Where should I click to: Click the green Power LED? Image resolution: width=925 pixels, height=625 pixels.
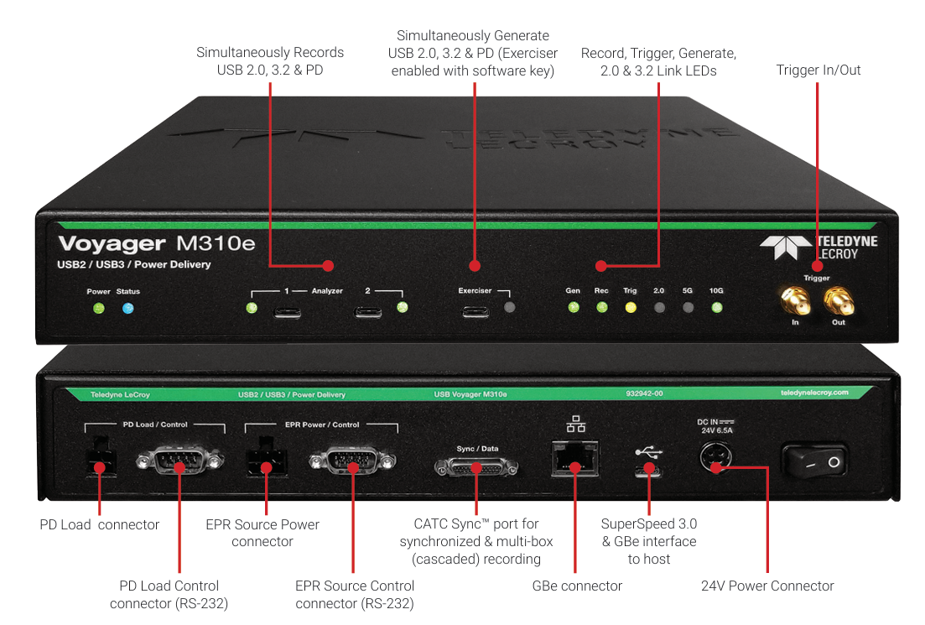[x=98, y=309]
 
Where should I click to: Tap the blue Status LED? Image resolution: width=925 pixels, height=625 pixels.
[x=127, y=309]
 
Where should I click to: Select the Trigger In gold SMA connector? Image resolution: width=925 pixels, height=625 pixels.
[x=792, y=298]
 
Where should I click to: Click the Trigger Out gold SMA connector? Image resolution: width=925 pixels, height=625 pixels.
[x=837, y=298]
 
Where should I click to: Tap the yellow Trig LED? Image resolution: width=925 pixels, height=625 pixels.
[x=630, y=307]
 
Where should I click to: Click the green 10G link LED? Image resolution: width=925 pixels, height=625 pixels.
[x=716, y=307]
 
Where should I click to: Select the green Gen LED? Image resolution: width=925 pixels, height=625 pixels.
[x=573, y=307]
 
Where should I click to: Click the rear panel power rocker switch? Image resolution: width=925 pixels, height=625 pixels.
[x=813, y=462]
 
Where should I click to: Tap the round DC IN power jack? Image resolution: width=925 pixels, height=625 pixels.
[x=715, y=460]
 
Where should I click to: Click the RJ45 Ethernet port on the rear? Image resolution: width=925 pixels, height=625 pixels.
[x=575, y=458]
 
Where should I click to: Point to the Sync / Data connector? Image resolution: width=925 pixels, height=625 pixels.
[x=476, y=466]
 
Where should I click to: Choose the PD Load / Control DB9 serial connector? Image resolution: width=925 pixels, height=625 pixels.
[x=179, y=461]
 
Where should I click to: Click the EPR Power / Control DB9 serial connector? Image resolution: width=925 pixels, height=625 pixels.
[x=352, y=461]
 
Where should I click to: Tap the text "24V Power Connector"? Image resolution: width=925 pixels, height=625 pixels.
[x=767, y=586]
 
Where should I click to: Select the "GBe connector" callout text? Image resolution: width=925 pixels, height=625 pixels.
[x=577, y=586]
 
